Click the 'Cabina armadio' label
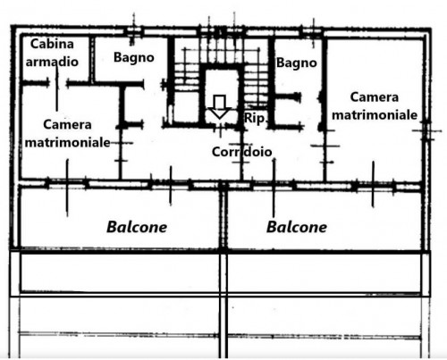pyautogui.click(x=52, y=53)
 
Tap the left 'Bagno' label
pyautogui.click(x=134, y=57)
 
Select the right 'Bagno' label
pyautogui.click(x=297, y=63)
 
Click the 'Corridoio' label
pyautogui.click(x=241, y=152)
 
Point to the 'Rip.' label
pyautogui.click(x=255, y=119)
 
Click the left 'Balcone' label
pyautogui.click(x=137, y=227)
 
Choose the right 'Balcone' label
pyautogui.click(x=297, y=227)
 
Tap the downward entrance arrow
pyautogui.click(x=220, y=106)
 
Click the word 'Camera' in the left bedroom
pyautogui.click(x=67, y=124)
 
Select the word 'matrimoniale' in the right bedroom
pyautogui.click(x=375, y=115)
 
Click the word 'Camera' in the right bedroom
pyautogui.click(x=375, y=97)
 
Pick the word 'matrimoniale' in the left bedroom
pyautogui.click(x=68, y=142)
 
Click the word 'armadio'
pyautogui.click(x=52, y=62)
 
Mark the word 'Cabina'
pyautogui.click(x=52, y=44)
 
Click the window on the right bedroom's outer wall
pyautogui.click(x=426, y=130)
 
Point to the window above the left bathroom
pyautogui.click(x=134, y=31)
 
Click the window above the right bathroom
pyautogui.click(x=312, y=31)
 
